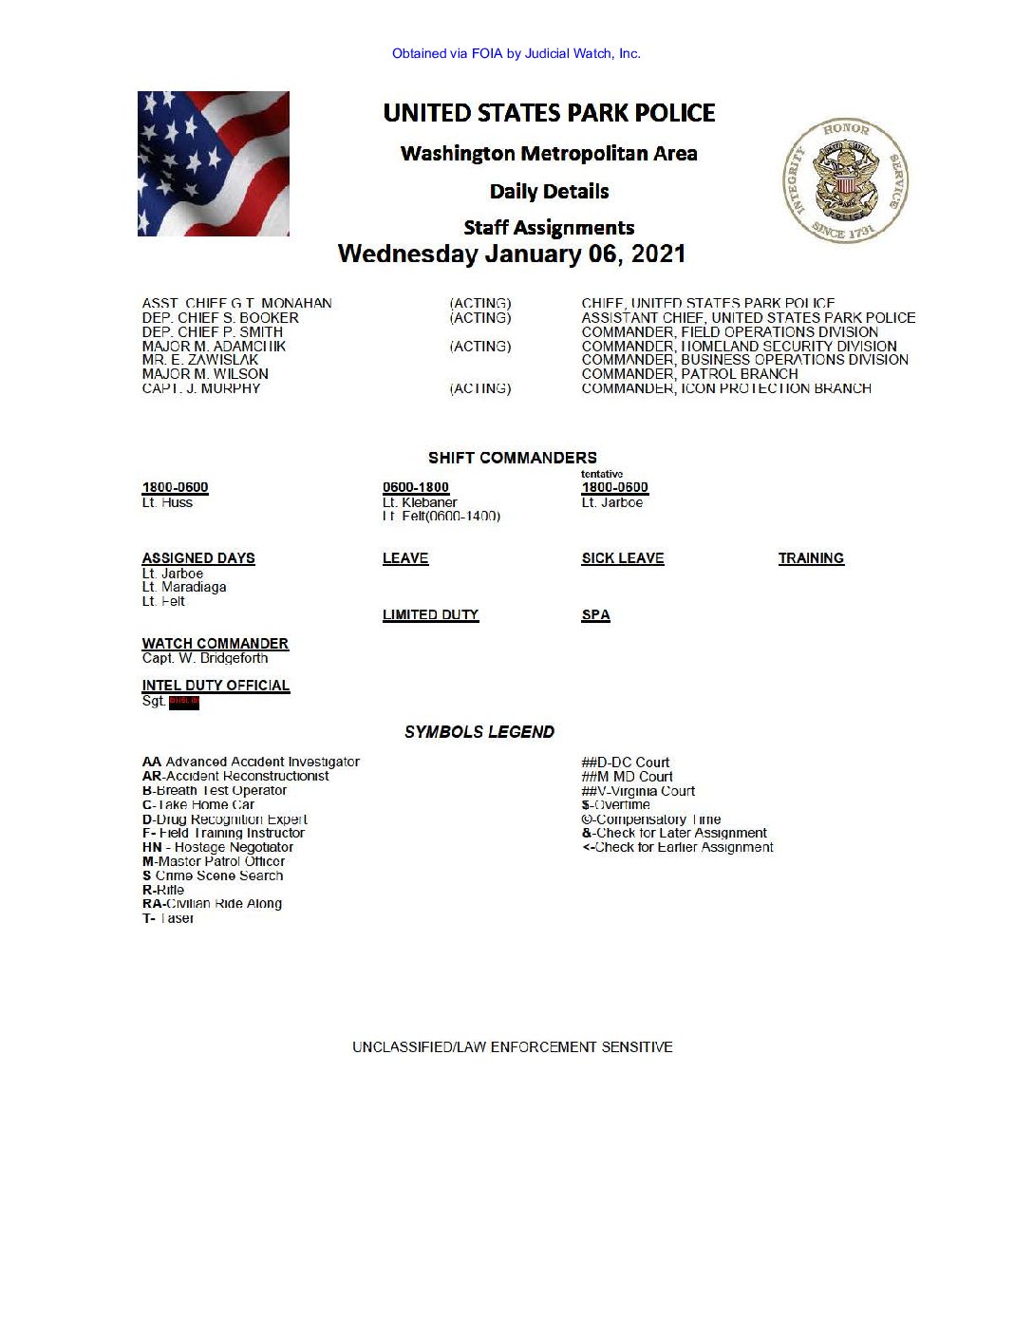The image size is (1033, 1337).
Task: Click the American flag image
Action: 214,163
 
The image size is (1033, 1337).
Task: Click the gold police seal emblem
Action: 845,180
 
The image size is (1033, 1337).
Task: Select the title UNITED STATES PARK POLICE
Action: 549,113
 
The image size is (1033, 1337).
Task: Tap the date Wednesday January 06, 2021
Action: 512,254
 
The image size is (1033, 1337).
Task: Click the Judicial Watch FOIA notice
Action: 516,54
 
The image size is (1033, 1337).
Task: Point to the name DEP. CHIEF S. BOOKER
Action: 220,318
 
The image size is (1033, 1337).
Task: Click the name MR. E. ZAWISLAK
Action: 200,360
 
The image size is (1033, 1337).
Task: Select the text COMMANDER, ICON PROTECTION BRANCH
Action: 726,388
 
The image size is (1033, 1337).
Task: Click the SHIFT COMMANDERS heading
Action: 513,458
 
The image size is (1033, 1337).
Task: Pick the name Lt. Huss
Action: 167,503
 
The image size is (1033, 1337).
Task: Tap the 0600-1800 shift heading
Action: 416,487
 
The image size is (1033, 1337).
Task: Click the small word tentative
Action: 602,474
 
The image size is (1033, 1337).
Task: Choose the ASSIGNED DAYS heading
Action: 198,558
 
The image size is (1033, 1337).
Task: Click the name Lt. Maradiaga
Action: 184,588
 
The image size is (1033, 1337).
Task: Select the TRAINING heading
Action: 811,558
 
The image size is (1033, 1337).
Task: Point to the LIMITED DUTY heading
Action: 430,615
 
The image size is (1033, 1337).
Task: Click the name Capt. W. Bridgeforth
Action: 205,658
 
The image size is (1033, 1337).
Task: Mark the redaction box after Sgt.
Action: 184,702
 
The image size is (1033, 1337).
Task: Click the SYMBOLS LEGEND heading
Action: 479,732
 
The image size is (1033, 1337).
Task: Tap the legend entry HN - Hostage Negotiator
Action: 217,847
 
